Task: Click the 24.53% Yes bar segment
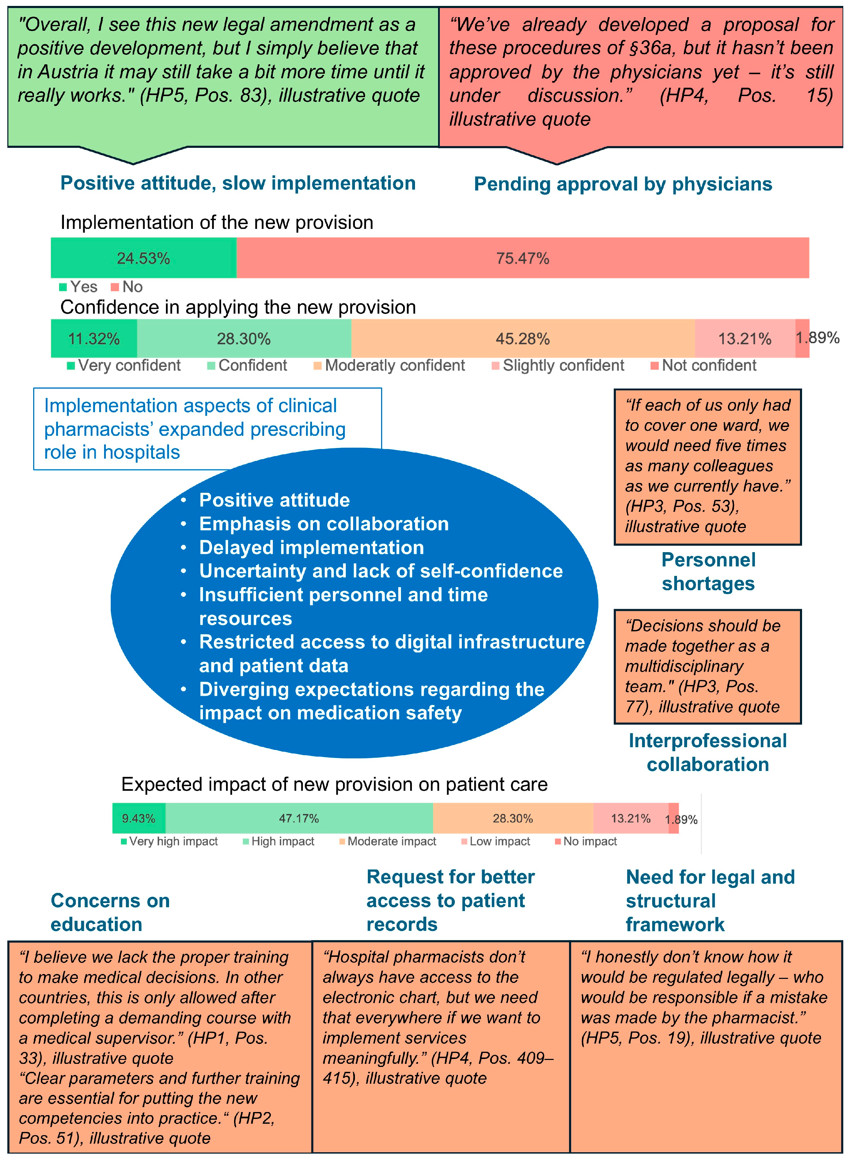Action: point(143,258)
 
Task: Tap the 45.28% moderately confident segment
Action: point(523,339)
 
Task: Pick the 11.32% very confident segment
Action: point(94,339)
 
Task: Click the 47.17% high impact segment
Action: point(299,818)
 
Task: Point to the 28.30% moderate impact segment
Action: point(513,818)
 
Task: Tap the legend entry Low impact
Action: point(499,842)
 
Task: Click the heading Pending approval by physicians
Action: point(622,184)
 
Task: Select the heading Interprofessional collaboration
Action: point(708,752)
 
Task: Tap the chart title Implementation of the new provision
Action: point(217,222)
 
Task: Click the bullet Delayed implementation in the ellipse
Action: point(312,548)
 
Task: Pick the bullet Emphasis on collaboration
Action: point(324,524)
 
